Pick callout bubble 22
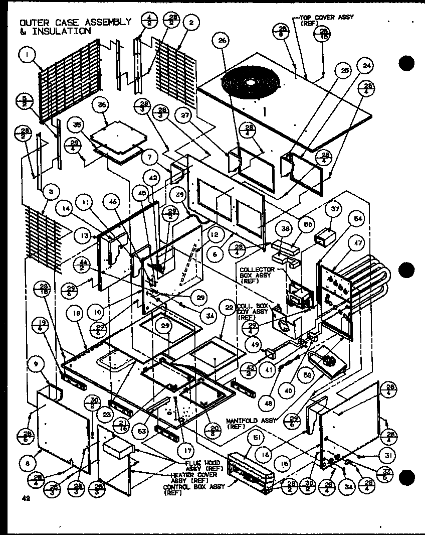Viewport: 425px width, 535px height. (x=229, y=308)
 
